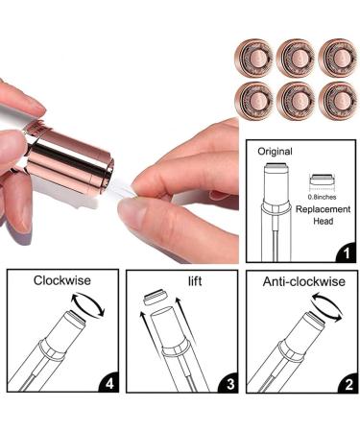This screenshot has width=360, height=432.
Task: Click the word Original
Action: tap(275, 152)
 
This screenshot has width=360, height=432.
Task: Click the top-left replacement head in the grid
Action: tap(253, 57)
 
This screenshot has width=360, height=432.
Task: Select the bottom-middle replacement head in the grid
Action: tap(294, 100)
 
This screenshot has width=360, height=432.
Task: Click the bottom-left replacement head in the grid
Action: tap(253, 100)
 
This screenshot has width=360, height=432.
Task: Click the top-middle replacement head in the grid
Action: tap(294, 57)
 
